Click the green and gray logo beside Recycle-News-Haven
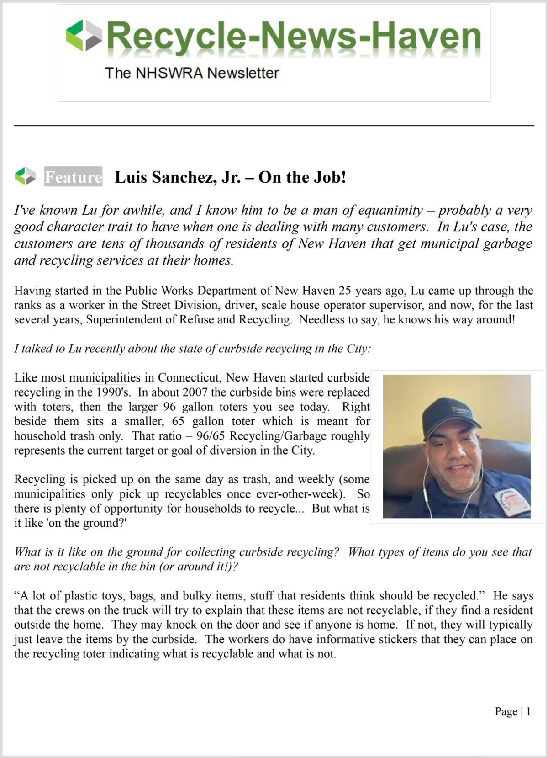(x=84, y=35)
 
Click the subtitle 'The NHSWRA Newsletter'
(x=192, y=73)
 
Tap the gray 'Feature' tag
(x=73, y=177)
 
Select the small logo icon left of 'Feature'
(x=25, y=176)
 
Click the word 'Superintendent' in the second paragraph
(x=124, y=319)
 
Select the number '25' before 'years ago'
(x=345, y=291)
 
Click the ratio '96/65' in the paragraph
(x=211, y=436)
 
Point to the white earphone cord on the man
(x=426, y=484)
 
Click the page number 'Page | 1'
(x=512, y=711)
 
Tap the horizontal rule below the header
(x=274, y=125)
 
